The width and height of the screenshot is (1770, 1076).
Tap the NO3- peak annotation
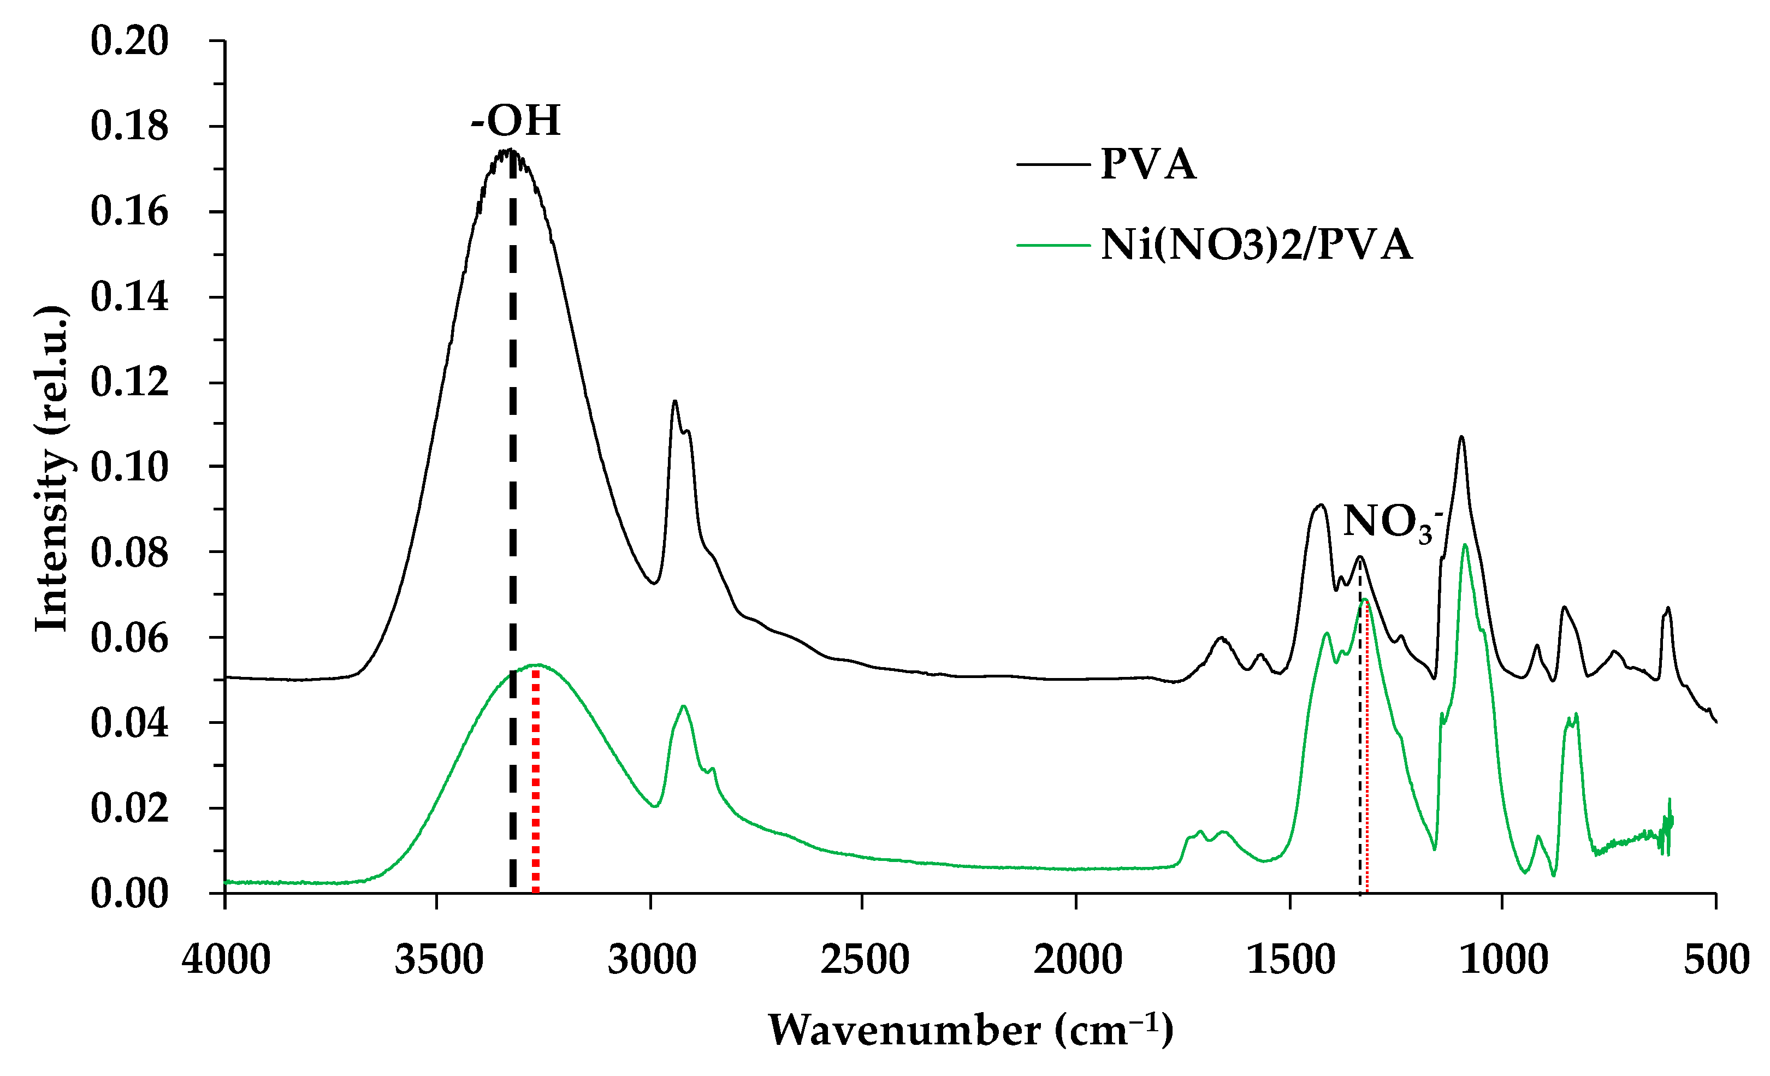click(1392, 522)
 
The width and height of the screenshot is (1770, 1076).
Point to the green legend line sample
click(1053, 245)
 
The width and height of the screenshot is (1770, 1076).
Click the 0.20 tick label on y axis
click(129, 41)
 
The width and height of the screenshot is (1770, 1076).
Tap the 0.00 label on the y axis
click(129, 894)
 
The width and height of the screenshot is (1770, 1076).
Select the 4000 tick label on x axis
click(226, 960)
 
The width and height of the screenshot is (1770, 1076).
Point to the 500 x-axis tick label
click(1716, 960)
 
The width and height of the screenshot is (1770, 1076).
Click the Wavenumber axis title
click(970, 1031)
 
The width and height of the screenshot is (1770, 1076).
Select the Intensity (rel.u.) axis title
click(52, 468)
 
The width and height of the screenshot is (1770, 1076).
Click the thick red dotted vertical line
click(535, 790)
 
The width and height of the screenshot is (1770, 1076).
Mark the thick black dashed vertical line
click(513, 503)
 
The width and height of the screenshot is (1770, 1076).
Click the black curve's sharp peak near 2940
click(674, 402)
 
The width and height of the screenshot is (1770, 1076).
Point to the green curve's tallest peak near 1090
click(1465, 545)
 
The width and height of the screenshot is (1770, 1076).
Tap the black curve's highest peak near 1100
click(1461, 437)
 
